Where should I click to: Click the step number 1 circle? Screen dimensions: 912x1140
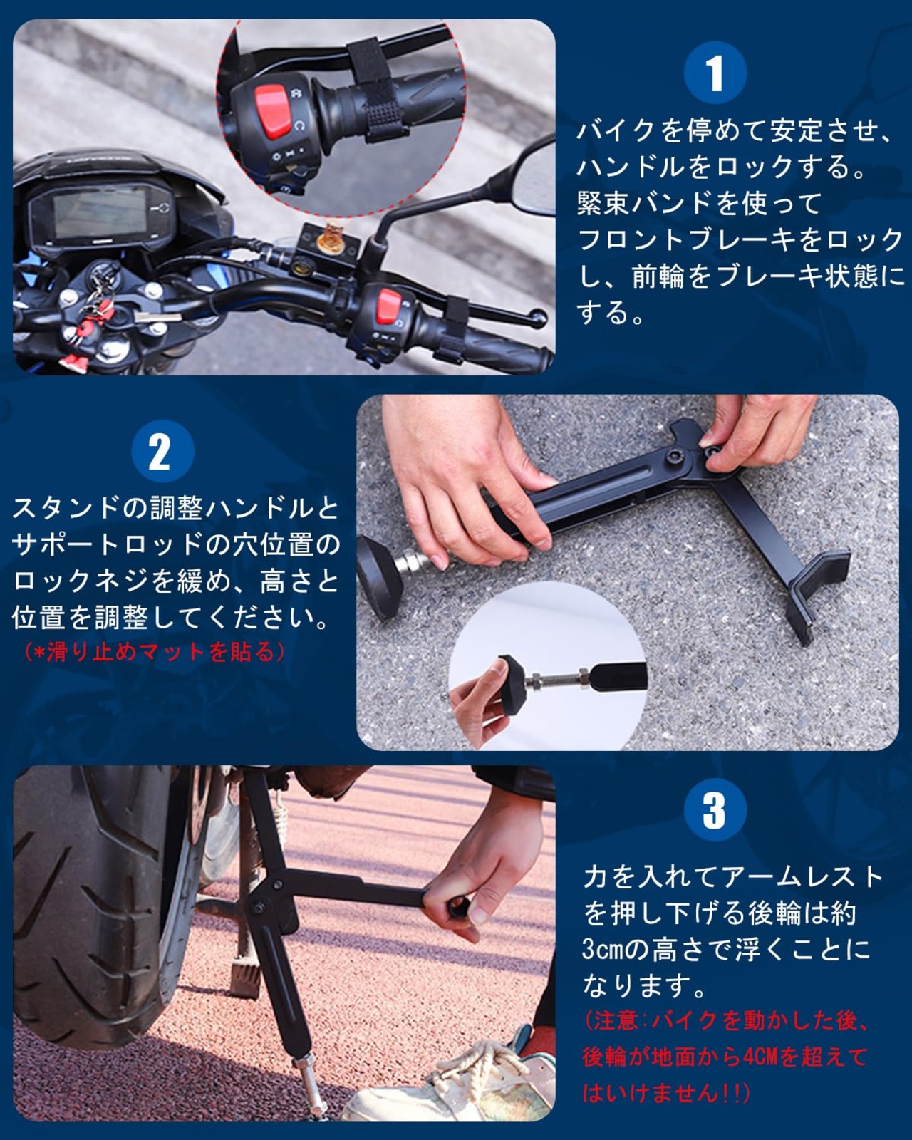[x=715, y=73]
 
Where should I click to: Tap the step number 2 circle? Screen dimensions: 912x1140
[x=162, y=451]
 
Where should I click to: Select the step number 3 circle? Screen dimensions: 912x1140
[x=715, y=810]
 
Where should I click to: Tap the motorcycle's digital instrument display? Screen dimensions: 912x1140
[x=100, y=214]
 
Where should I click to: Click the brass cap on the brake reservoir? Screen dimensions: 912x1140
[x=330, y=239]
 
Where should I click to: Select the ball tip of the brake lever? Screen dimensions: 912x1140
[x=539, y=318]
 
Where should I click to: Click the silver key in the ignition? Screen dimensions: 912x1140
[x=154, y=317]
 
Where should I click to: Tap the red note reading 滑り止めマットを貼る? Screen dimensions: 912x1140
[x=154, y=651]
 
